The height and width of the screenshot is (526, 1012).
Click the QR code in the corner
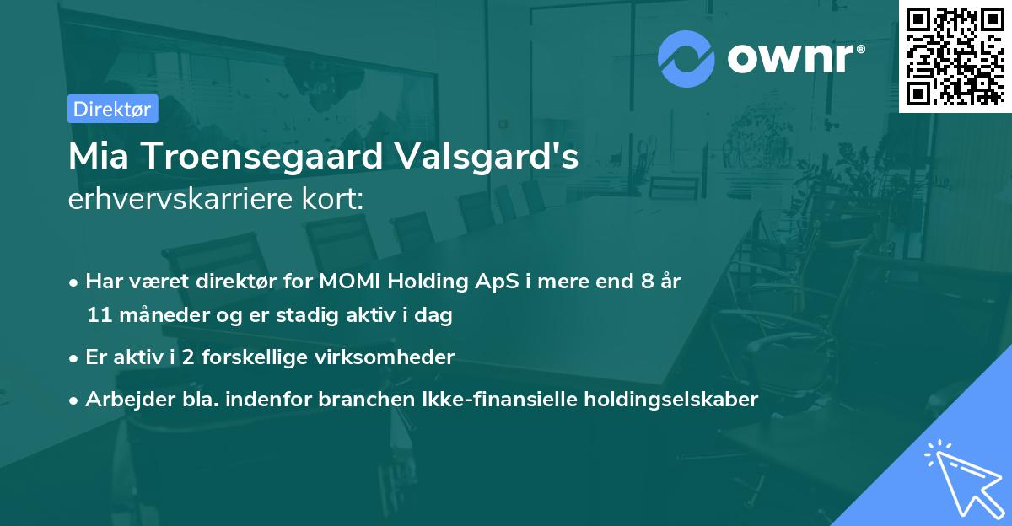955,56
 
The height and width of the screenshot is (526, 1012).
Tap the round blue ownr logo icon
686,59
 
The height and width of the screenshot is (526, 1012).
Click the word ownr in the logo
794,59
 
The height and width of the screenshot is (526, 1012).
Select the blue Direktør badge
112,109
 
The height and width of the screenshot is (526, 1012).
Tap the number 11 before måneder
98,316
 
